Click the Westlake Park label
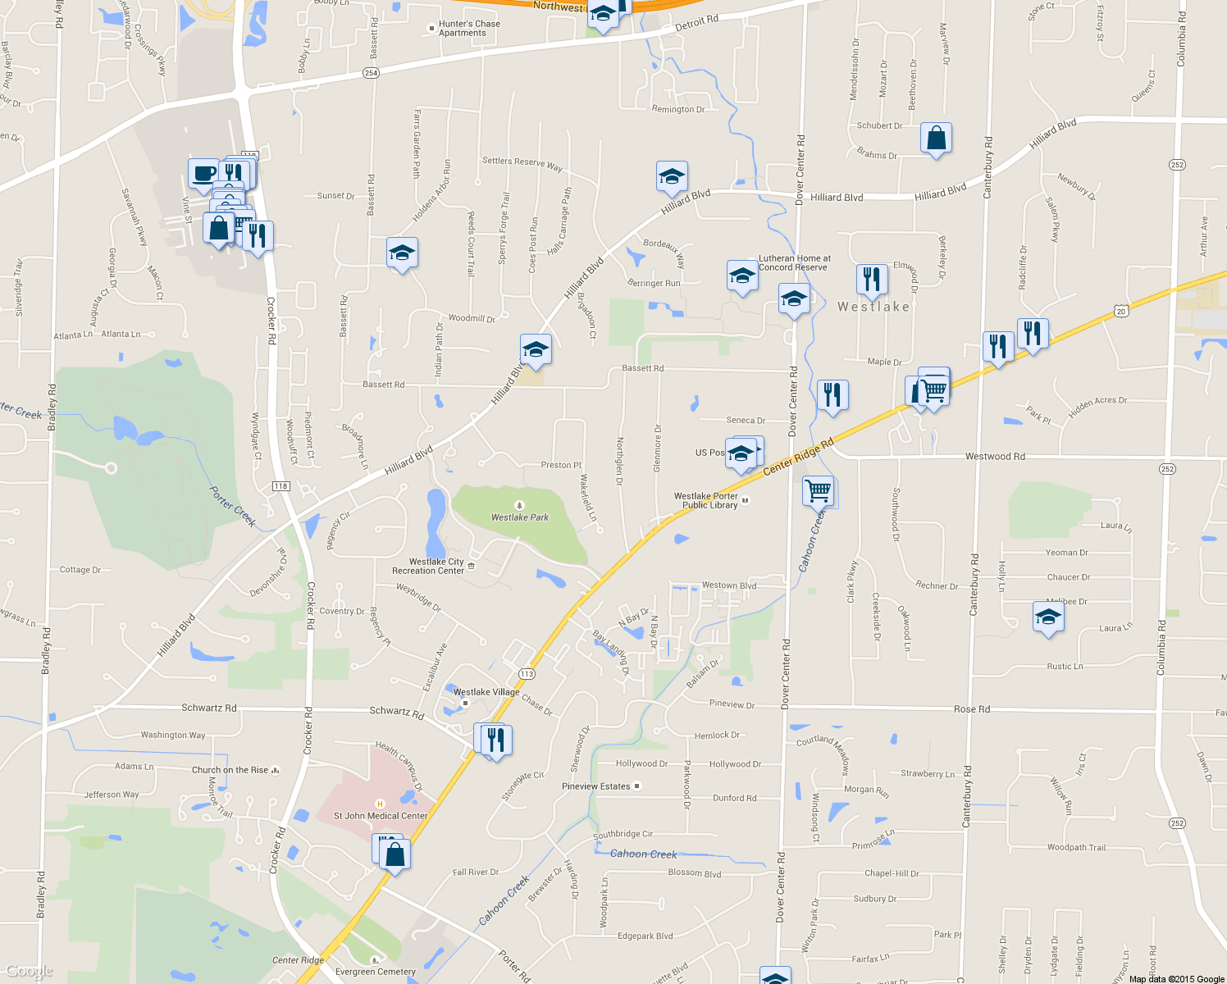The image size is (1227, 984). (x=520, y=517)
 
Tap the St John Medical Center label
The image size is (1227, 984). (x=381, y=816)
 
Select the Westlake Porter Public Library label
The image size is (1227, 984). (x=706, y=501)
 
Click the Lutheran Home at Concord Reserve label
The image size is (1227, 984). (x=794, y=262)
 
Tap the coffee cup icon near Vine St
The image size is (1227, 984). (x=203, y=174)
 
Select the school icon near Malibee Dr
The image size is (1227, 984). (x=1048, y=617)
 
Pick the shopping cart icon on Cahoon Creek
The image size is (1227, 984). (x=819, y=491)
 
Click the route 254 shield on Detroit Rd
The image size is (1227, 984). (x=371, y=73)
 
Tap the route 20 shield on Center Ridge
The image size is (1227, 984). (x=1121, y=311)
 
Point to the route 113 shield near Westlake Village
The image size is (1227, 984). (x=527, y=674)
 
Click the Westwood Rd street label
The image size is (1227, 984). (x=995, y=457)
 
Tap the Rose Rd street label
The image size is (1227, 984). (x=971, y=709)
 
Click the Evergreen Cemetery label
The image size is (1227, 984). (x=376, y=972)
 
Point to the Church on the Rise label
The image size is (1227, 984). (x=230, y=770)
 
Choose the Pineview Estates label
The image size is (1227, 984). (x=596, y=786)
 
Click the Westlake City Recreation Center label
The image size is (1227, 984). (x=428, y=567)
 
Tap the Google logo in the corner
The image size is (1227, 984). (x=30, y=972)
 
